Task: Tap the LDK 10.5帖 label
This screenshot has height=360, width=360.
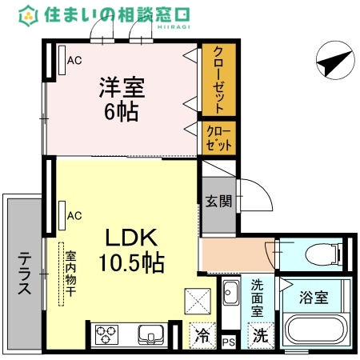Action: click(132, 249)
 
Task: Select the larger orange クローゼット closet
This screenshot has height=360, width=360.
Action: click(218, 79)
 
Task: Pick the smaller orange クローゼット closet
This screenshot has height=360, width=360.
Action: click(218, 137)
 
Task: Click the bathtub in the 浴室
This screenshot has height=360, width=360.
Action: click(314, 332)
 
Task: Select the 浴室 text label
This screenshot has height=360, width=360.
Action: click(312, 298)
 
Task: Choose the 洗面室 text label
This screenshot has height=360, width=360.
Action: click(258, 297)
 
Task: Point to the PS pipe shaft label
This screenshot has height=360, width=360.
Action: click(229, 343)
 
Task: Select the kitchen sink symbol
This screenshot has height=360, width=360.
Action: click(150, 334)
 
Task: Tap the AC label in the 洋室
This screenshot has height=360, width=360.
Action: click(74, 60)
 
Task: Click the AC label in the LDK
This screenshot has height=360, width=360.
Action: click(74, 215)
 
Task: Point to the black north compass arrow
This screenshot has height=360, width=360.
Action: click(334, 60)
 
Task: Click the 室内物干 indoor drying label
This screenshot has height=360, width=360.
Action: click(70, 274)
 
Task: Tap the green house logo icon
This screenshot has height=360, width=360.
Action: click(30, 14)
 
